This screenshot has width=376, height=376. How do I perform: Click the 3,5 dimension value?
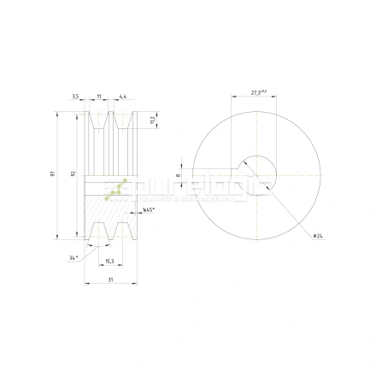(x=75, y=97)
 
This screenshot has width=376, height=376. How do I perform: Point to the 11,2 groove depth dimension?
(x=151, y=119)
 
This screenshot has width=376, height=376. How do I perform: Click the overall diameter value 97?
(x=53, y=174)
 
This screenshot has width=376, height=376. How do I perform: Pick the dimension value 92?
(x=73, y=174)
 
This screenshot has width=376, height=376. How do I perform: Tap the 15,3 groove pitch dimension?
(x=109, y=260)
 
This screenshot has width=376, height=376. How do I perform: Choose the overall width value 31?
(x=110, y=279)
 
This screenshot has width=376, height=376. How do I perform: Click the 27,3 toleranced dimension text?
(x=258, y=92)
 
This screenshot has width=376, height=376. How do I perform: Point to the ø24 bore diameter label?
(x=316, y=235)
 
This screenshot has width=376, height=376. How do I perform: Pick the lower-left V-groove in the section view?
(x=98, y=231)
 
